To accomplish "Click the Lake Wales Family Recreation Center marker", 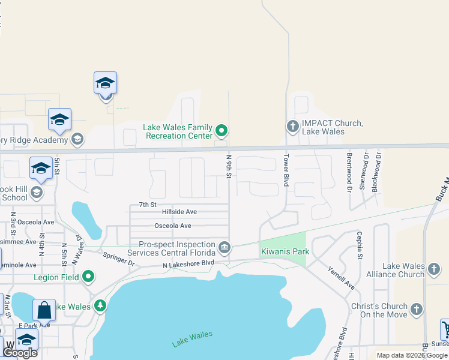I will [x=222, y=130].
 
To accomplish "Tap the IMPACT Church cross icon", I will [x=292, y=126].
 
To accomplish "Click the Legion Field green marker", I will [x=88, y=277].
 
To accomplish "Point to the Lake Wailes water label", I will [x=192, y=339].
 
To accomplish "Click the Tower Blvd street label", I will [x=286, y=172].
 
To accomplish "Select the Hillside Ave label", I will [x=179, y=212].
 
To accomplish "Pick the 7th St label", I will [x=147, y=205].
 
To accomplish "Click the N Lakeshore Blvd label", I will [x=188, y=263].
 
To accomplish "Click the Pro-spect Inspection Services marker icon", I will [x=224, y=247].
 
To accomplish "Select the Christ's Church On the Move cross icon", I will [x=416, y=310].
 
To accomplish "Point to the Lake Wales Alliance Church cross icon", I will [x=432, y=271].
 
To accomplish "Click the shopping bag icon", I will [x=44, y=310].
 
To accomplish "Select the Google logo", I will [x=20, y=353].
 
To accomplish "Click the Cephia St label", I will [x=360, y=245].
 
